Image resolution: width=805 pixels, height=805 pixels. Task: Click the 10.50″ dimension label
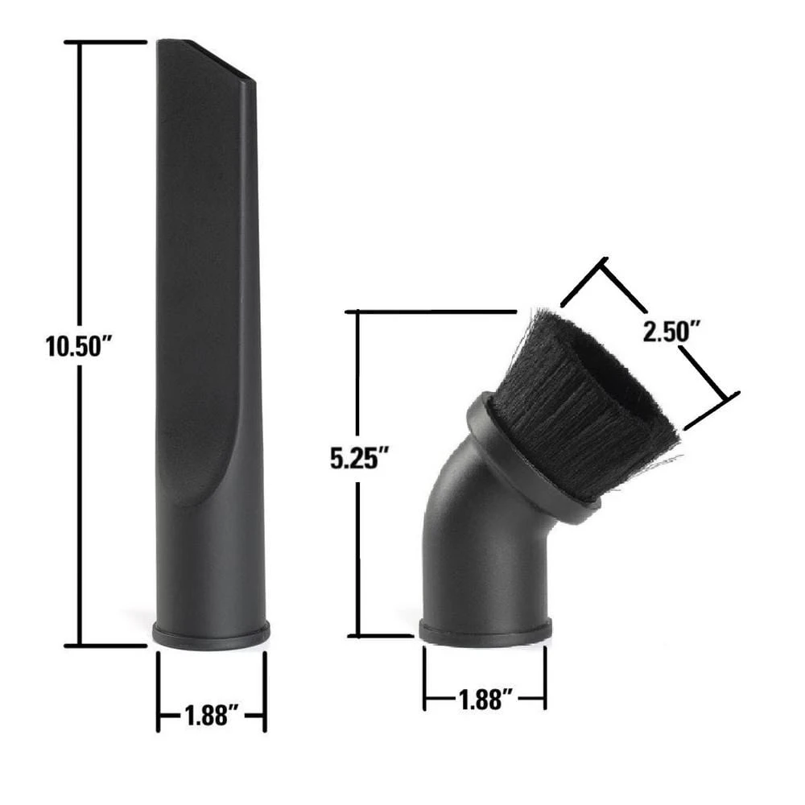79,345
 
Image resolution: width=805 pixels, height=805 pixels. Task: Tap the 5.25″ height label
359,458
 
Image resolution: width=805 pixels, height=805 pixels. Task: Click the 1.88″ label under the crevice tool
212,715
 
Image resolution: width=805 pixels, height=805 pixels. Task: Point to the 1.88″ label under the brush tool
485,700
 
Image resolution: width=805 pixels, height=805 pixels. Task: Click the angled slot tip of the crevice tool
222,60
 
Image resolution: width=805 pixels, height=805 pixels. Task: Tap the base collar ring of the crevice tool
211,635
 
